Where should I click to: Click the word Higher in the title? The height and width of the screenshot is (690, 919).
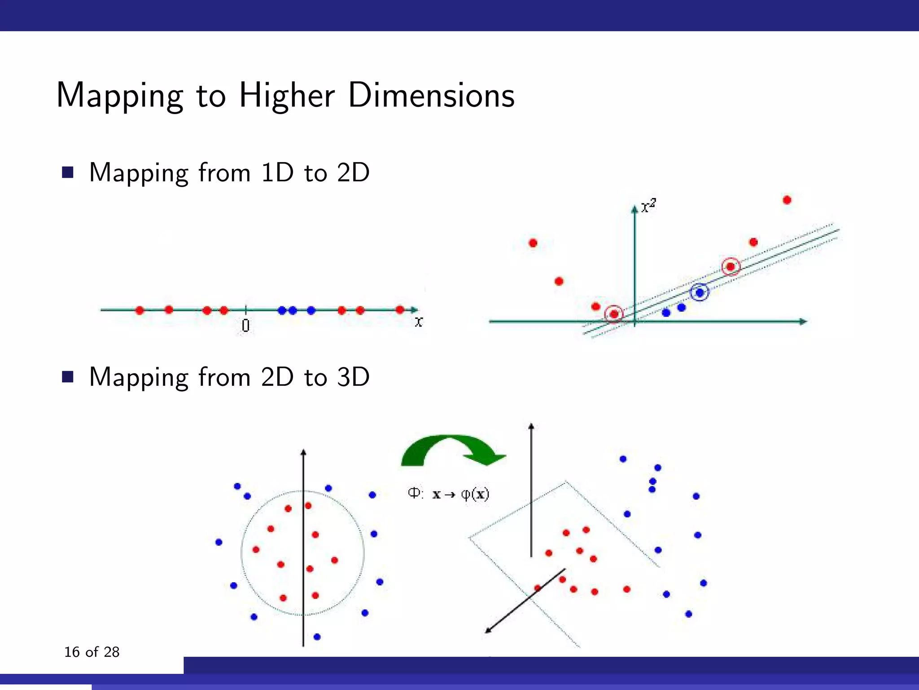[x=287, y=96]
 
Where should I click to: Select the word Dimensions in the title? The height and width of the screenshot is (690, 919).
[x=431, y=96]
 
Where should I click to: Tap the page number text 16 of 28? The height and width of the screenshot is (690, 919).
[x=92, y=652]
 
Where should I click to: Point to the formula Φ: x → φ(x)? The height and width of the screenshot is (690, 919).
[x=448, y=494]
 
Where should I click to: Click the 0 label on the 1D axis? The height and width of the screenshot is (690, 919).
[x=245, y=325]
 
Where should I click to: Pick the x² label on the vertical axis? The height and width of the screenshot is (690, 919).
[x=648, y=206]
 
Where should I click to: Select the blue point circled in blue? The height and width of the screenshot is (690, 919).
[x=699, y=293]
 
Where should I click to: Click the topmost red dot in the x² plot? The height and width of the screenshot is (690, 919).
[x=787, y=200]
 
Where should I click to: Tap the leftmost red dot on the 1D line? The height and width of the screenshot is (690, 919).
[x=140, y=310]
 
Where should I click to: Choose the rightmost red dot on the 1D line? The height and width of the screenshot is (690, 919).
[x=400, y=310]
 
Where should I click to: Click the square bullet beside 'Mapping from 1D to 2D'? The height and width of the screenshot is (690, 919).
[x=68, y=172]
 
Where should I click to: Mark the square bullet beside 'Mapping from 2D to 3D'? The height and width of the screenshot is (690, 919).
[x=68, y=377]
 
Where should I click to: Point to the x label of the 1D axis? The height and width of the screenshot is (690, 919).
[x=418, y=322]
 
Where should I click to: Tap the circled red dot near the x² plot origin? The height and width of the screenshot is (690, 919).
[x=614, y=314]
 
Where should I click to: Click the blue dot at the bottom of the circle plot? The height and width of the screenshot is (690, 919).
[x=317, y=637]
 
